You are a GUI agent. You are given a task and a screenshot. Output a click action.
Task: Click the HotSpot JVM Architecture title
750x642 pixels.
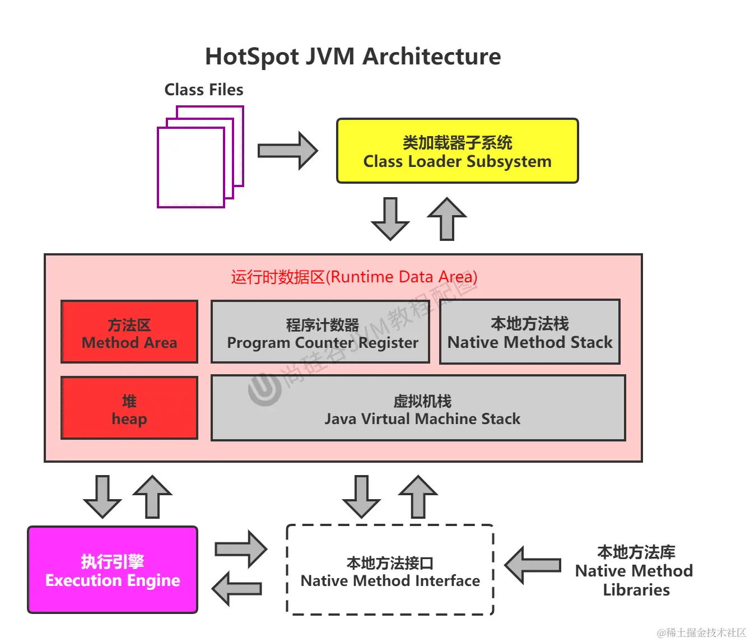pyautogui.click(x=353, y=57)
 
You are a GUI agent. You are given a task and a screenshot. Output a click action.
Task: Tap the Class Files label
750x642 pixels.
pyautogui.click(x=203, y=90)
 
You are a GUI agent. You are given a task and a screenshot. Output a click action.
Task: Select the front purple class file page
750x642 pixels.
pyautogui.click(x=190, y=168)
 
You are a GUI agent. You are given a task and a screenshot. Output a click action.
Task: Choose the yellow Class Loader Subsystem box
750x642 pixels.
pyautogui.click(x=457, y=151)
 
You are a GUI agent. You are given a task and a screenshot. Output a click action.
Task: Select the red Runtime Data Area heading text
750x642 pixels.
pyautogui.click(x=354, y=277)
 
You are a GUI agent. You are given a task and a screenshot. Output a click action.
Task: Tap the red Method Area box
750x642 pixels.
pyautogui.click(x=129, y=332)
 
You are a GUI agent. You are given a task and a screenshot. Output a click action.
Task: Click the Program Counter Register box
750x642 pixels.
pyautogui.click(x=320, y=332)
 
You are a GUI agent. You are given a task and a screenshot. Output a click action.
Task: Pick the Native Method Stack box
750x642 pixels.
pyautogui.click(x=530, y=332)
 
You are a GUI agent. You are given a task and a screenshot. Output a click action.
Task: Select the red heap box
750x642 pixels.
pyautogui.click(x=129, y=408)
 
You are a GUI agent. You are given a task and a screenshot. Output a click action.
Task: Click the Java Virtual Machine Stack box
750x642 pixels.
pyautogui.click(x=418, y=408)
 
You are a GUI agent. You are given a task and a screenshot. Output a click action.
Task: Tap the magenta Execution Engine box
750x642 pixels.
pyautogui.click(x=113, y=570)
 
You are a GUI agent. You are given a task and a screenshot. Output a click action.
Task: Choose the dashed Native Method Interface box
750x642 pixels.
pyautogui.click(x=390, y=570)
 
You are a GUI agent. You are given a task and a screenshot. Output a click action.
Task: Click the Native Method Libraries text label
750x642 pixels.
pyautogui.click(x=635, y=571)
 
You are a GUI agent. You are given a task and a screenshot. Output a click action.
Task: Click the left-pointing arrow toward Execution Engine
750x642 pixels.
pyautogui.click(x=237, y=589)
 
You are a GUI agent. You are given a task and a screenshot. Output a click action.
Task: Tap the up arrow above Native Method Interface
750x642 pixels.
pyautogui.click(x=418, y=497)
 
